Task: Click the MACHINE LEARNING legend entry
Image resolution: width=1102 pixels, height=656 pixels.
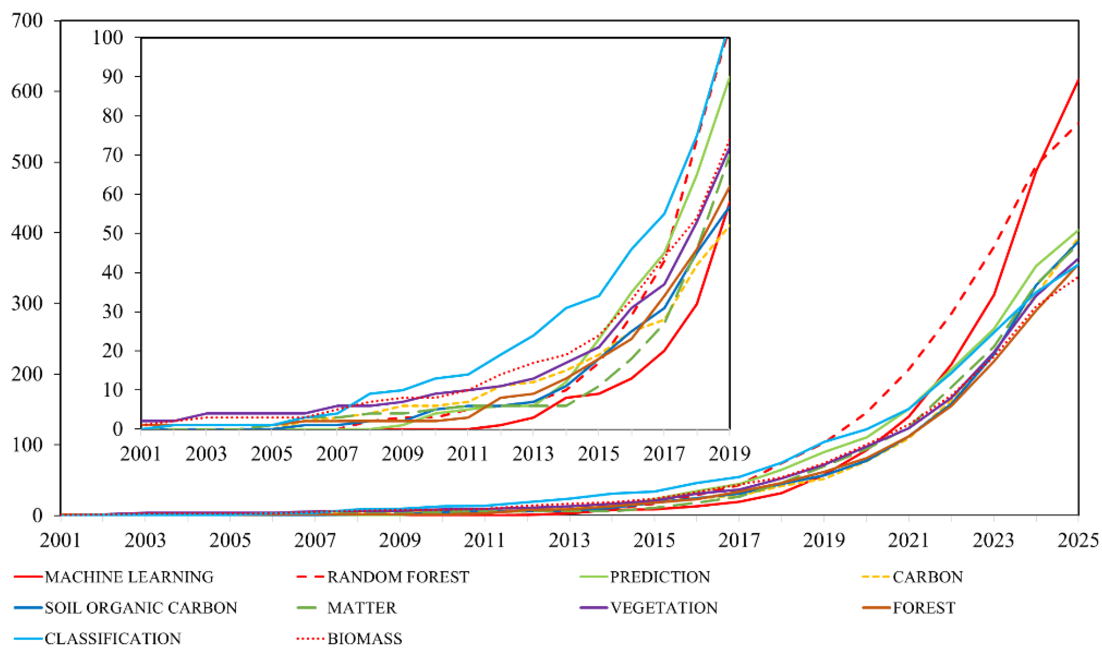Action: click(x=129, y=577)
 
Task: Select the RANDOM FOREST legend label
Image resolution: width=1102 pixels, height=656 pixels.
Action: click(x=397, y=577)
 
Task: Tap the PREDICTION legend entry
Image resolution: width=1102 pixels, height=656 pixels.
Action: click(x=660, y=577)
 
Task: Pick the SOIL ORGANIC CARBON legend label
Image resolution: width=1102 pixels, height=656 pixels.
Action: click(x=141, y=608)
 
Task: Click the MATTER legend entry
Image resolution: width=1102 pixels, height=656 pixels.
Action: click(x=362, y=608)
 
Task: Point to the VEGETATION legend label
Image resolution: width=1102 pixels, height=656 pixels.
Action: click(x=664, y=608)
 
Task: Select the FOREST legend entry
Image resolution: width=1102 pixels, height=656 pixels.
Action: click(x=924, y=608)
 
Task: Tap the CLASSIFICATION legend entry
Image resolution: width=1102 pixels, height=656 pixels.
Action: click(x=113, y=639)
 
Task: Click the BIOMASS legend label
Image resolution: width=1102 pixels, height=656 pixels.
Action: click(x=364, y=639)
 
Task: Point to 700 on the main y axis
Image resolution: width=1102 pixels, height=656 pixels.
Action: click(x=28, y=21)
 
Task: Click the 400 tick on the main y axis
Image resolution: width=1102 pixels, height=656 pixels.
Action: click(x=28, y=233)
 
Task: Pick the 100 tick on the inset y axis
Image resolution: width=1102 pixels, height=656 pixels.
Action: click(x=107, y=38)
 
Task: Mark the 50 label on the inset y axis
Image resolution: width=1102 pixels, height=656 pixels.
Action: click(x=113, y=234)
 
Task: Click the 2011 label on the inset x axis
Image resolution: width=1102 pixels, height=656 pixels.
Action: click(x=467, y=454)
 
